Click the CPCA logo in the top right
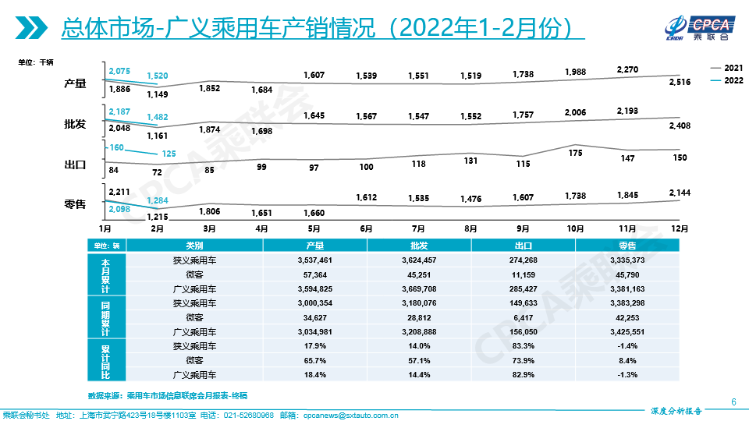688,25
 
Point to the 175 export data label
575,153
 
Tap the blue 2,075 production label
119,71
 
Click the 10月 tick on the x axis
575,228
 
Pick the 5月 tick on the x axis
314,228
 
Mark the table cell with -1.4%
627,345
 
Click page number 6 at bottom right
733,402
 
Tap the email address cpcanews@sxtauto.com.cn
350,415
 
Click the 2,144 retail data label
680,193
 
